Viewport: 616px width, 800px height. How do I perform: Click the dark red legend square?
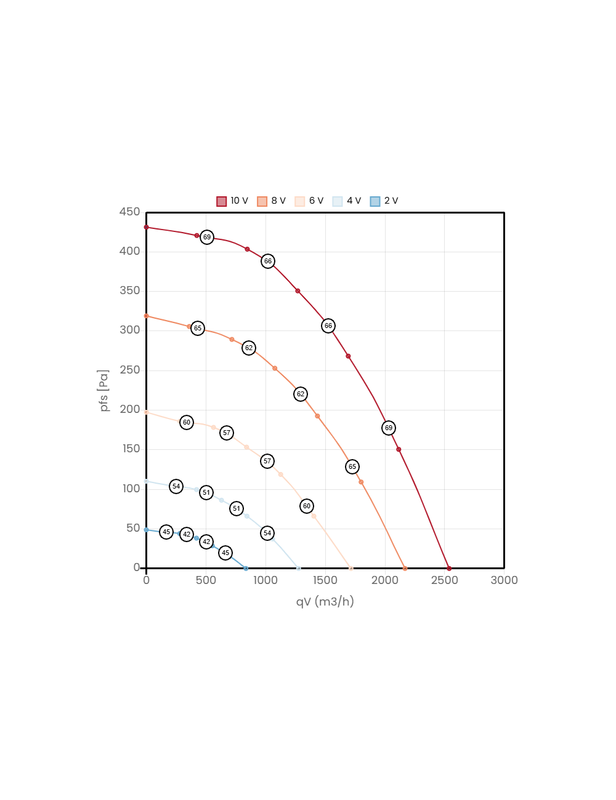pyautogui.click(x=222, y=202)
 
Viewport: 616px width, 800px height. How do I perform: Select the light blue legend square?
pyautogui.click(x=338, y=202)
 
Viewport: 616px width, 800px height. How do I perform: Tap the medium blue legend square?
pyautogui.click(x=375, y=202)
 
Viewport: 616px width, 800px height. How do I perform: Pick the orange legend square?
pyautogui.click(x=262, y=202)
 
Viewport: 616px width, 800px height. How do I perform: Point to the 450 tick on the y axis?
pyautogui.click(x=130, y=212)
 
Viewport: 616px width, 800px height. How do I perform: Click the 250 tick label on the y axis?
pyautogui.click(x=130, y=370)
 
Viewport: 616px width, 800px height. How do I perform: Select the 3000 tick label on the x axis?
pyautogui.click(x=504, y=580)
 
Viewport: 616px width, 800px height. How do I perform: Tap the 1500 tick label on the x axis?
pyautogui.click(x=325, y=580)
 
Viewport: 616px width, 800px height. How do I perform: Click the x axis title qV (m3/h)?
pyautogui.click(x=325, y=601)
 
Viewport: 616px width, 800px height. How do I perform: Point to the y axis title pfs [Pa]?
pyautogui.click(x=104, y=391)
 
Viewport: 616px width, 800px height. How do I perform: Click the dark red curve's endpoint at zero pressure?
pyautogui.click(x=449, y=568)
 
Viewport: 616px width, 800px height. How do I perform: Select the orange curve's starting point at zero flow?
pyautogui.click(x=146, y=316)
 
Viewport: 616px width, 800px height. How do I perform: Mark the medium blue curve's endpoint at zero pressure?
pyautogui.click(x=246, y=568)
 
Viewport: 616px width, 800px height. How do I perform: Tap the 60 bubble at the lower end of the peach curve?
pyautogui.click(x=307, y=506)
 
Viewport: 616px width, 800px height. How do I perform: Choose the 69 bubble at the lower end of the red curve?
pyautogui.click(x=388, y=428)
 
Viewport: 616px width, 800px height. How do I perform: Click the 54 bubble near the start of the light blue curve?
pyautogui.click(x=176, y=486)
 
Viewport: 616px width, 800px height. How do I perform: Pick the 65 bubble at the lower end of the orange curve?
pyautogui.click(x=352, y=466)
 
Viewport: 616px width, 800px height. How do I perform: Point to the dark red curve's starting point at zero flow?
pyautogui.click(x=146, y=227)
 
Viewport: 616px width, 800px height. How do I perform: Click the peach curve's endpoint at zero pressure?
pyautogui.click(x=351, y=568)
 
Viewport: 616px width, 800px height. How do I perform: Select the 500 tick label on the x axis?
pyautogui.click(x=206, y=580)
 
